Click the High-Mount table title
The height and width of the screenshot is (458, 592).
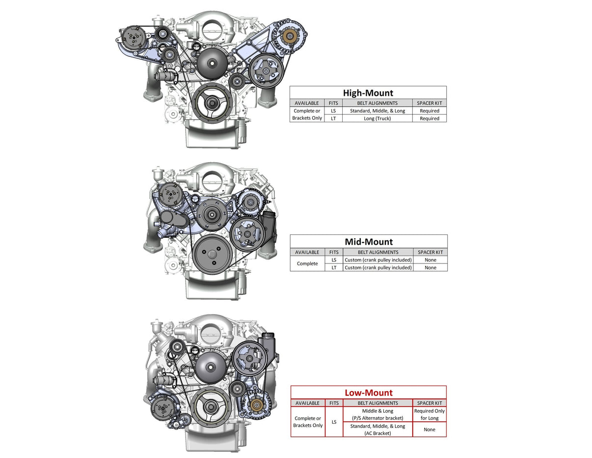[368, 92]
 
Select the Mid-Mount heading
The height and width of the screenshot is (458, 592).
[369, 241]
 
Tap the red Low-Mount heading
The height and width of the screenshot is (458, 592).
[368, 392]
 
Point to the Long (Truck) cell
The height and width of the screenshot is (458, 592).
[377, 118]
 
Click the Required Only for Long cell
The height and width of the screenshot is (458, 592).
[429, 414]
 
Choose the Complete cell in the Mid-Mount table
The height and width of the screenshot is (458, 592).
[307, 264]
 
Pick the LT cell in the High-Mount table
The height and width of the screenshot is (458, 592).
[333, 118]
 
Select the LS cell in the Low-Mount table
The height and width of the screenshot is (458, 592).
[334, 422]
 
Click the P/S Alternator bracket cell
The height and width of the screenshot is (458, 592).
[377, 414]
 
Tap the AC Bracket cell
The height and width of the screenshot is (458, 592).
[377, 429]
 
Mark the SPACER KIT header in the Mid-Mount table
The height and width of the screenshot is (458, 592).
[430, 252]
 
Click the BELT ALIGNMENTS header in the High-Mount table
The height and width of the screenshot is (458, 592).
[377, 103]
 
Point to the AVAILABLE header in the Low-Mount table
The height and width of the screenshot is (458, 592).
[307, 403]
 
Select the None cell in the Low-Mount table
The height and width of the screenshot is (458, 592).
[429, 429]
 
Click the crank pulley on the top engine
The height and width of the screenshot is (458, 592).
[212, 103]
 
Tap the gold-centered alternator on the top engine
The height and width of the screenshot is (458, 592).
[290, 36]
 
